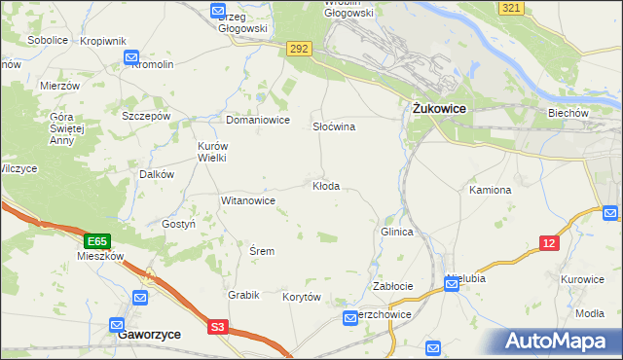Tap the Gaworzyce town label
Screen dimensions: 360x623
tap(148, 333)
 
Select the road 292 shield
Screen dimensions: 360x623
tap(299, 47)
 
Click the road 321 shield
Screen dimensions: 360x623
tap(510, 8)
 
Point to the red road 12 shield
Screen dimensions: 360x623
tap(550, 243)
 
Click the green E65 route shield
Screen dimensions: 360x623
tap(95, 240)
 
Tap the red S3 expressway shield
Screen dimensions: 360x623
tap(218, 328)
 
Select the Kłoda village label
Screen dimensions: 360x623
tap(325, 186)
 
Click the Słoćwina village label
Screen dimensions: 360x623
tap(333, 127)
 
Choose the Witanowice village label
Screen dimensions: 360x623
tap(248, 200)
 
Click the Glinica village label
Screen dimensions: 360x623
tap(397, 233)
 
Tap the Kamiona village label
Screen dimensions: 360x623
tap(490, 190)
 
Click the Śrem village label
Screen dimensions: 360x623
tap(262, 251)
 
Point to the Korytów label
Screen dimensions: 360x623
tap(301, 297)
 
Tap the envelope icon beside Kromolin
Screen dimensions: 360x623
tap(132, 58)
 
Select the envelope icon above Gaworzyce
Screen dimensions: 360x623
tap(117, 324)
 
